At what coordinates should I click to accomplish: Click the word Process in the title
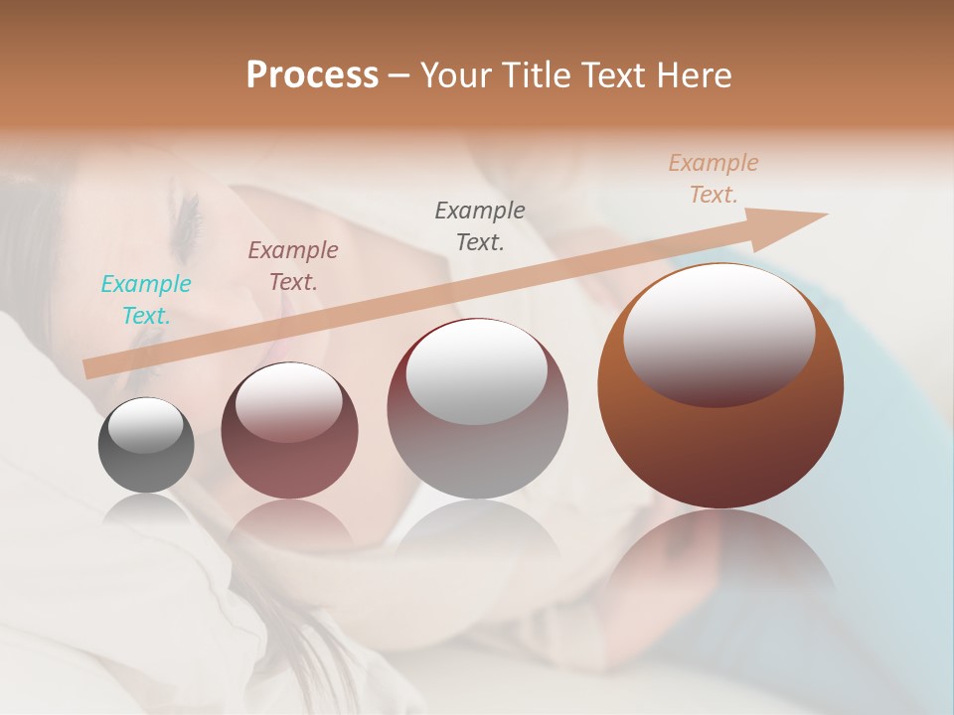(x=312, y=75)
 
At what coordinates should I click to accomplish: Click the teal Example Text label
(x=145, y=300)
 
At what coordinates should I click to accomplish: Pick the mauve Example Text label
(x=292, y=266)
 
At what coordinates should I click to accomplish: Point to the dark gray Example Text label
(x=479, y=225)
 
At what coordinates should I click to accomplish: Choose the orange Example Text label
(x=713, y=179)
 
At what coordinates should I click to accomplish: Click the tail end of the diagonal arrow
(x=91, y=368)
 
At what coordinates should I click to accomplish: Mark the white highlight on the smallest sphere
(x=145, y=424)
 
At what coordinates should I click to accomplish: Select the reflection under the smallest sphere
(x=146, y=510)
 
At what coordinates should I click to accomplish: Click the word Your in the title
(x=454, y=75)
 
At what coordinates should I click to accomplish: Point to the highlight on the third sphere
(x=477, y=372)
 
